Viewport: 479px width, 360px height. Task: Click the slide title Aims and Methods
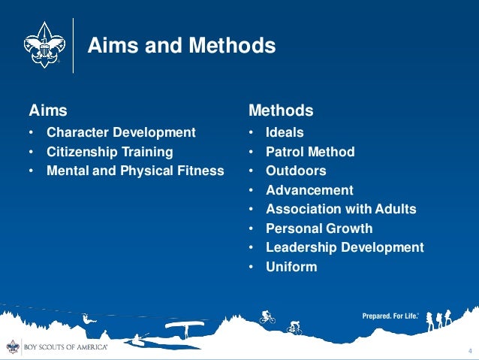coord(182,47)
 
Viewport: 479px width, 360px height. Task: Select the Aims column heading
coord(48,110)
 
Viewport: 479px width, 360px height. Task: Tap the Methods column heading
coord(281,110)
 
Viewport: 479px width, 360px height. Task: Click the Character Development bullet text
coord(121,132)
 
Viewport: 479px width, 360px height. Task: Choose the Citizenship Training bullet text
coord(110,152)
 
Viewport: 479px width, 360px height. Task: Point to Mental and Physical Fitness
coord(135,171)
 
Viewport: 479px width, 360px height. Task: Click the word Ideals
coord(285,132)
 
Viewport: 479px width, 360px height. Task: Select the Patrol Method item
coord(310,152)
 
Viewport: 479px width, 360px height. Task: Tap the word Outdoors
coord(296,171)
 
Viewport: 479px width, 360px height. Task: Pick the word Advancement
coord(309,190)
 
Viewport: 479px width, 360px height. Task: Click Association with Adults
coord(341,209)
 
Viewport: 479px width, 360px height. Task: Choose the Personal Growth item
coord(319,228)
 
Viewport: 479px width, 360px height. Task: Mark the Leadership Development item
coord(345,247)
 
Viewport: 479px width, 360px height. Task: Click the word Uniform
coord(291,267)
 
